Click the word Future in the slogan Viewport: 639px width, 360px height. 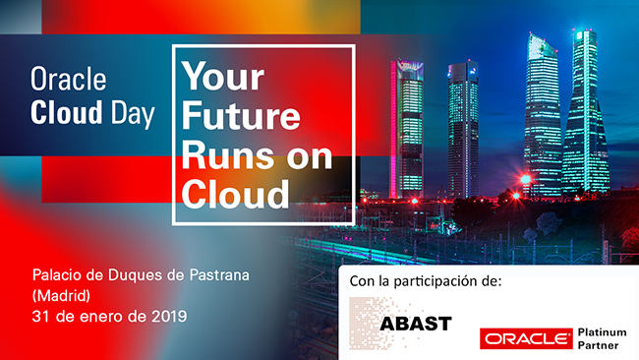click(x=239, y=116)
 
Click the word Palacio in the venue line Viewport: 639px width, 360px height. click(x=59, y=273)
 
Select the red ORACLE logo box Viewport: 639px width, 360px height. click(x=526, y=338)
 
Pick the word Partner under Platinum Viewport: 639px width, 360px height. click(x=600, y=345)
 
